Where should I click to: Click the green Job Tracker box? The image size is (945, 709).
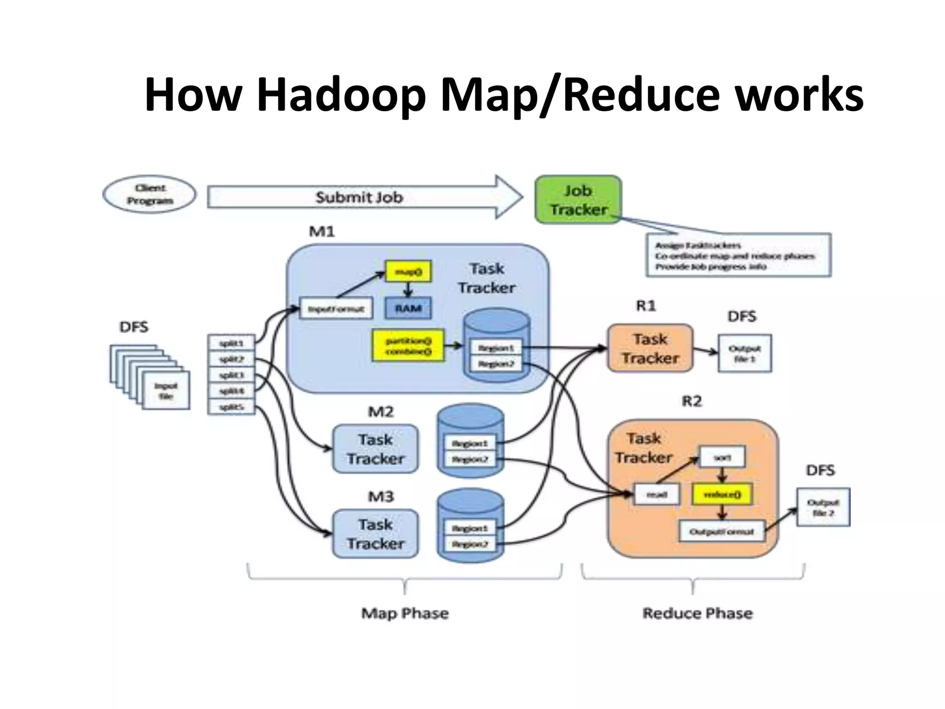tap(578, 199)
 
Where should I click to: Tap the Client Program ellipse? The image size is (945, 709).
tap(150, 194)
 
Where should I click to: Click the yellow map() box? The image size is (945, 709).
tap(408, 272)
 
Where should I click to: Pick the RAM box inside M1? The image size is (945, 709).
tap(408, 308)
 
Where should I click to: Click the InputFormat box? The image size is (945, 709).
tap(336, 309)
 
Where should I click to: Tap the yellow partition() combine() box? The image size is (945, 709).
tap(408, 346)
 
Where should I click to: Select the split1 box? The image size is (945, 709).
tap(231, 343)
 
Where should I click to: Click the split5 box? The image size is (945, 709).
tap(231, 407)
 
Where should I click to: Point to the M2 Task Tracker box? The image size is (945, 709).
tap(376, 449)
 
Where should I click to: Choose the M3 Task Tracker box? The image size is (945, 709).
tap(376, 534)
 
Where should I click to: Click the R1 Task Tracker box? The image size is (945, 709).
tap(650, 348)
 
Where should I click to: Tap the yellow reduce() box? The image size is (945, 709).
tap(722, 494)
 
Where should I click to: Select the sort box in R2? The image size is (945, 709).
tap(722, 457)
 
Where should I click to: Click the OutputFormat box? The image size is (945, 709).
tap(722, 531)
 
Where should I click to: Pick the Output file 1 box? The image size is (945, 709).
tap(745, 353)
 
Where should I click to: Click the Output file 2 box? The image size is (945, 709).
tap(823, 507)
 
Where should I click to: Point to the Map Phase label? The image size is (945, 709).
tap(405, 613)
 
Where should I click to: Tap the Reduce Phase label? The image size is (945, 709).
tap(698, 613)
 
